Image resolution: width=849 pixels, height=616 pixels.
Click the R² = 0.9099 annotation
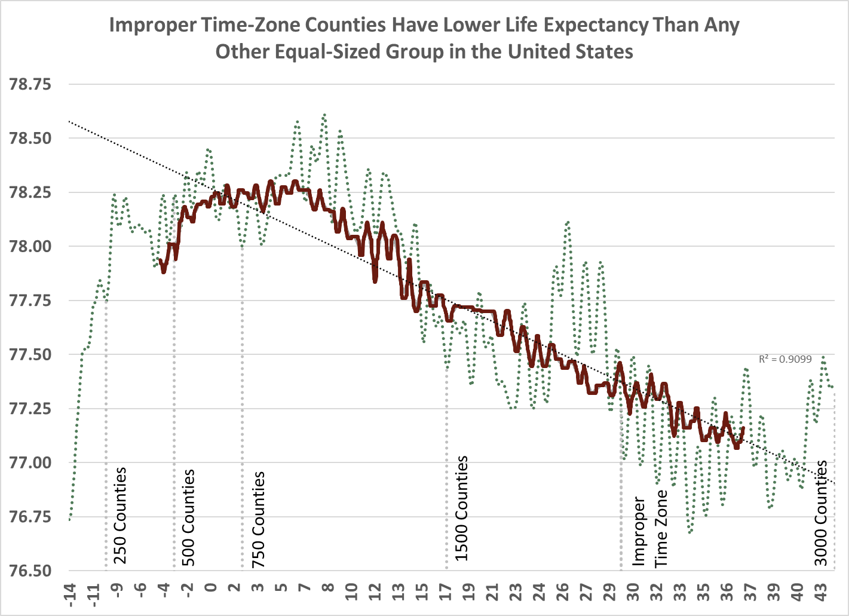785,359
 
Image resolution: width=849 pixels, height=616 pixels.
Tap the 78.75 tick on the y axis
30,84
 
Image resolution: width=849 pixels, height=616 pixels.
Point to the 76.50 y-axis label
30,571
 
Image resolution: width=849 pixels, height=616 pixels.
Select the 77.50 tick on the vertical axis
30,354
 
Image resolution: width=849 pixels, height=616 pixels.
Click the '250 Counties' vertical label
120,516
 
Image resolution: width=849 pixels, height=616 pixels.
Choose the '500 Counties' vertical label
188,517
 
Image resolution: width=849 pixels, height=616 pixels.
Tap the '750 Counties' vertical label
258,519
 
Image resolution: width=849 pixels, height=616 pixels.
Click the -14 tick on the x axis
72,595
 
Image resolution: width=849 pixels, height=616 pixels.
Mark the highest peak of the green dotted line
324,114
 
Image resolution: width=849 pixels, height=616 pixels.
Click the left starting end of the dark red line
160,261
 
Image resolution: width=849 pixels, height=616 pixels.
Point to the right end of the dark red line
743,428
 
